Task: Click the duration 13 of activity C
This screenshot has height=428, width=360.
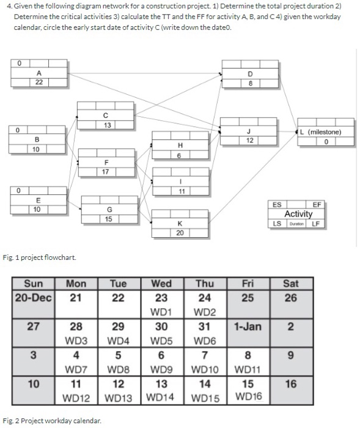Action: click(106, 125)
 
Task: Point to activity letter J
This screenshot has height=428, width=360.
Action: click(249, 132)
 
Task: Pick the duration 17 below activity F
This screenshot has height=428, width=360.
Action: click(106, 172)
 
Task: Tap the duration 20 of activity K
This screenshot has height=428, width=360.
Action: click(180, 232)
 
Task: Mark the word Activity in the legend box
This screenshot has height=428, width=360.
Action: click(298, 214)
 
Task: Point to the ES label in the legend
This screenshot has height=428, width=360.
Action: click(277, 205)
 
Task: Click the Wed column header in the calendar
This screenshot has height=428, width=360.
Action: click(161, 284)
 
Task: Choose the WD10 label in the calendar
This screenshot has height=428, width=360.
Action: click(206, 369)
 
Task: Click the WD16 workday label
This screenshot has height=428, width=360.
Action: click(249, 397)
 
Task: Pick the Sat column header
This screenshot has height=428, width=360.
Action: click(291, 284)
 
